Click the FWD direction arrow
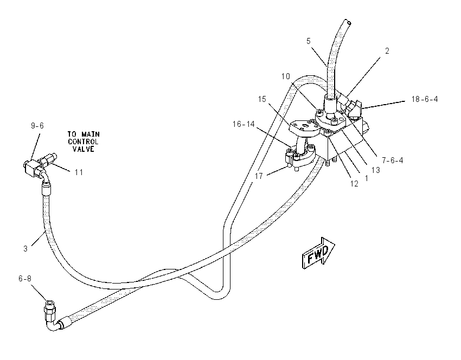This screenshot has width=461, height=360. click(x=318, y=253)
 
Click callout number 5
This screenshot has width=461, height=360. click(x=308, y=41)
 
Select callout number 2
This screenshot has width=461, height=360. click(x=387, y=51)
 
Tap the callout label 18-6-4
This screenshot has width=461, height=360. click(x=425, y=99)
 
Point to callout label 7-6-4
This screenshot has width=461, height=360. click(x=393, y=160)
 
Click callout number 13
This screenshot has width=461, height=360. click(x=375, y=170)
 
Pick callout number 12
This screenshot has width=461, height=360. click(x=354, y=184)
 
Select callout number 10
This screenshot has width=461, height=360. click(x=285, y=76)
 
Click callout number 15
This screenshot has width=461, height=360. click(x=262, y=99)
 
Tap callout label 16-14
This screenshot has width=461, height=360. click(x=244, y=124)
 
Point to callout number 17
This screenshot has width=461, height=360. click(x=259, y=176)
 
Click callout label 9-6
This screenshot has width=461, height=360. click(x=37, y=126)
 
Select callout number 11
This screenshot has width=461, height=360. click(x=79, y=172)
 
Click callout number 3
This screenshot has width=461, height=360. click(x=25, y=249)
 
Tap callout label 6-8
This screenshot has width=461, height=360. click(x=25, y=278)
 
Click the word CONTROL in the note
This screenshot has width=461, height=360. click(x=83, y=142)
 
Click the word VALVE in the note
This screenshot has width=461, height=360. click(x=84, y=149)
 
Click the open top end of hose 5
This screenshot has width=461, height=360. click(x=348, y=22)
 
